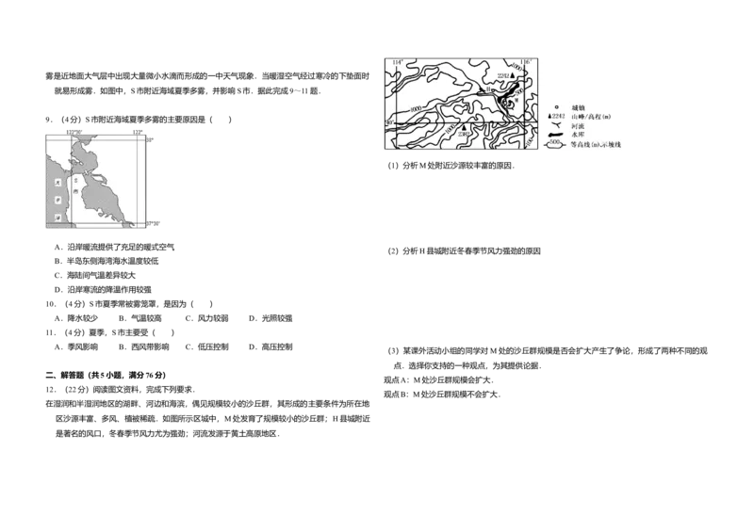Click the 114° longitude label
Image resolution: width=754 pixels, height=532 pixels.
399,62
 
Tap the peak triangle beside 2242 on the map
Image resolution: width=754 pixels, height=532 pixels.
513,74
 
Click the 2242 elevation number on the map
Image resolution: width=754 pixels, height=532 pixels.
501,74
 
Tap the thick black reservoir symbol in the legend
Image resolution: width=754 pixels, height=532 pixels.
555,136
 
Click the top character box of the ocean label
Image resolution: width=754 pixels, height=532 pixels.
57,182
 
